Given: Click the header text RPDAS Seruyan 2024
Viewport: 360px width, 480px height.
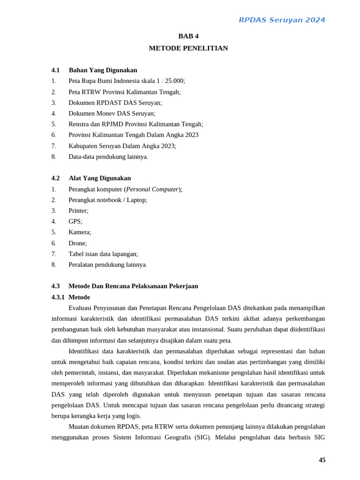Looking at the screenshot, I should (x=282, y=20).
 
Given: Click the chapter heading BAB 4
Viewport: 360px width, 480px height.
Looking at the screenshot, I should (x=188, y=36).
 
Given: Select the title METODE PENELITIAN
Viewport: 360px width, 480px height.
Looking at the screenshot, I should (x=188, y=48).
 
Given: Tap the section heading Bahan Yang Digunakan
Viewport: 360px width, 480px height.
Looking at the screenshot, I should (x=103, y=70).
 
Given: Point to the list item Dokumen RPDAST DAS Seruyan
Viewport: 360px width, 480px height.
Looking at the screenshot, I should (x=115, y=103).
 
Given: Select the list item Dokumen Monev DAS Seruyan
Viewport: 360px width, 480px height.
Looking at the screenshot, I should (x=112, y=113).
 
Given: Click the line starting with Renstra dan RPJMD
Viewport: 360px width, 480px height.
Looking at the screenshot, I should (x=135, y=124).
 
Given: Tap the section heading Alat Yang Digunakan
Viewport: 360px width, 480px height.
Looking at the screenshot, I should (x=100, y=178).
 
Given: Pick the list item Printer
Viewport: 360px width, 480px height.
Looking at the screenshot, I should (x=78, y=211).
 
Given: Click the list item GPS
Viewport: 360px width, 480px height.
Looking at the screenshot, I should (x=75, y=222).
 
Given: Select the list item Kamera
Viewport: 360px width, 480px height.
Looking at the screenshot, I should (x=80, y=232).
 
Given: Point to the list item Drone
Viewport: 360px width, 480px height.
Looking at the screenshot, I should (x=78, y=243).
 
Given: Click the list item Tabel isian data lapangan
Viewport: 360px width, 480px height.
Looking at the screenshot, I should (x=103, y=254).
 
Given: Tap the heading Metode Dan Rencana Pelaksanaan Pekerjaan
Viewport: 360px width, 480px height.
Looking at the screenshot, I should (x=133, y=286).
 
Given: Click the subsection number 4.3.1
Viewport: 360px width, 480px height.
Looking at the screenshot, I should (x=58, y=297).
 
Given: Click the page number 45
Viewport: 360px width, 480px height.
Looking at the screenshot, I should (x=322, y=460).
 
